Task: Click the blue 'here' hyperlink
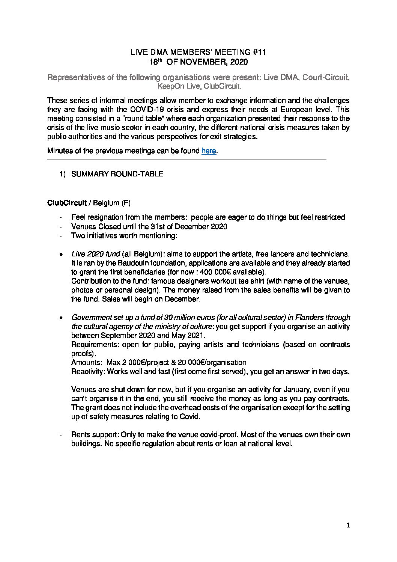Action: point(209,151)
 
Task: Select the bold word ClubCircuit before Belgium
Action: point(67,203)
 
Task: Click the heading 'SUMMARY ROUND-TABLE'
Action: point(117,174)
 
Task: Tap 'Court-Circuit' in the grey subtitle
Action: point(326,78)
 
